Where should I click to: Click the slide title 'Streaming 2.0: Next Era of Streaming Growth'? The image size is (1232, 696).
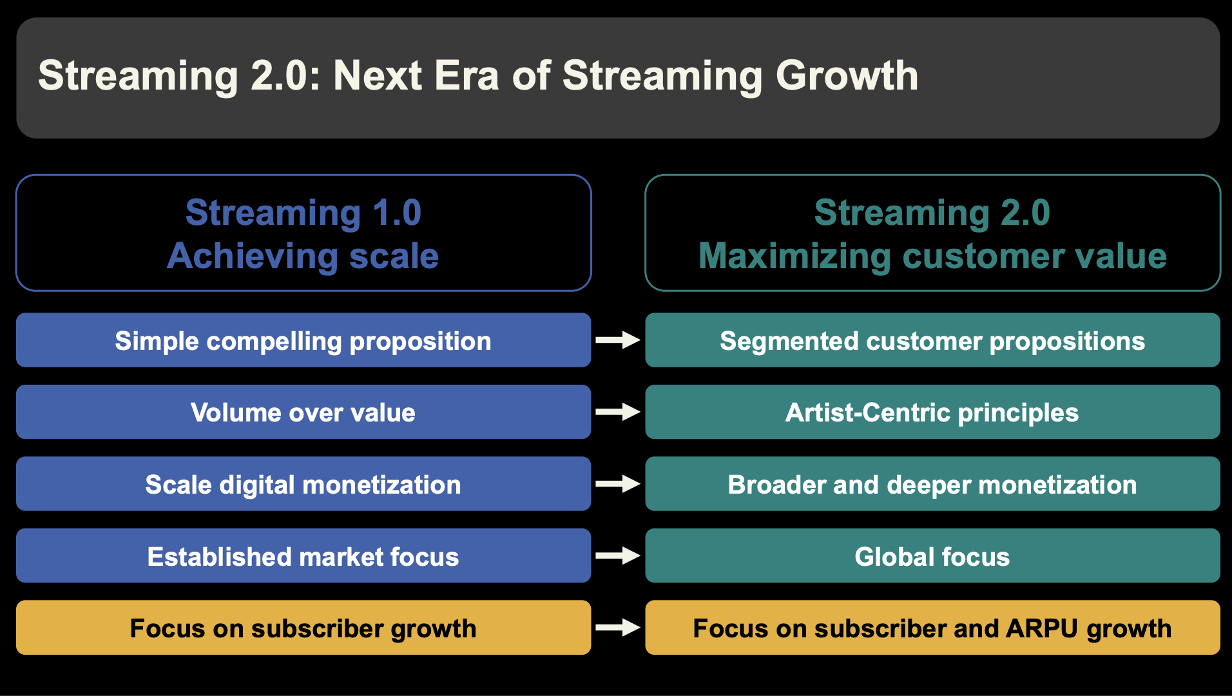pyautogui.click(x=478, y=76)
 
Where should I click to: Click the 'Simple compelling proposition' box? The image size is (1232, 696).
pyautogui.click(x=303, y=340)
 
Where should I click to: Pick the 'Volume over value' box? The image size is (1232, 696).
pyautogui.click(x=303, y=412)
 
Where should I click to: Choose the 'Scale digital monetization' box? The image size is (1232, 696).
pyautogui.click(x=303, y=484)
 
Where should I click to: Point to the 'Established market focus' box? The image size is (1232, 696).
pyautogui.click(x=303, y=556)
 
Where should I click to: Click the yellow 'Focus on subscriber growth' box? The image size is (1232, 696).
pyautogui.click(x=303, y=628)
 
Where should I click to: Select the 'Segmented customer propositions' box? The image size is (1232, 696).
pyautogui.click(x=932, y=340)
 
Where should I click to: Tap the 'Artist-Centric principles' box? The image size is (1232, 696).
pyautogui.click(x=932, y=412)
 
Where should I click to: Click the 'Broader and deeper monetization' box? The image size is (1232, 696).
pyautogui.click(x=932, y=484)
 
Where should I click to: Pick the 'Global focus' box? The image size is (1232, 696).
pyautogui.click(x=932, y=556)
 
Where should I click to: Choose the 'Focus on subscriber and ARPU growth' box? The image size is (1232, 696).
pyautogui.click(x=932, y=628)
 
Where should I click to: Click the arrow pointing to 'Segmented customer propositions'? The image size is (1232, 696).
pyautogui.click(x=618, y=340)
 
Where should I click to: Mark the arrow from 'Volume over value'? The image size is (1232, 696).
pyautogui.click(x=618, y=412)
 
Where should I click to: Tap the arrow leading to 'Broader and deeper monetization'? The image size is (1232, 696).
pyautogui.click(x=618, y=484)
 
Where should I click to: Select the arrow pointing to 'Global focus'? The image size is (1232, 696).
pyautogui.click(x=618, y=556)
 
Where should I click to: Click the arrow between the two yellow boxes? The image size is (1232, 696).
pyautogui.click(x=618, y=628)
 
